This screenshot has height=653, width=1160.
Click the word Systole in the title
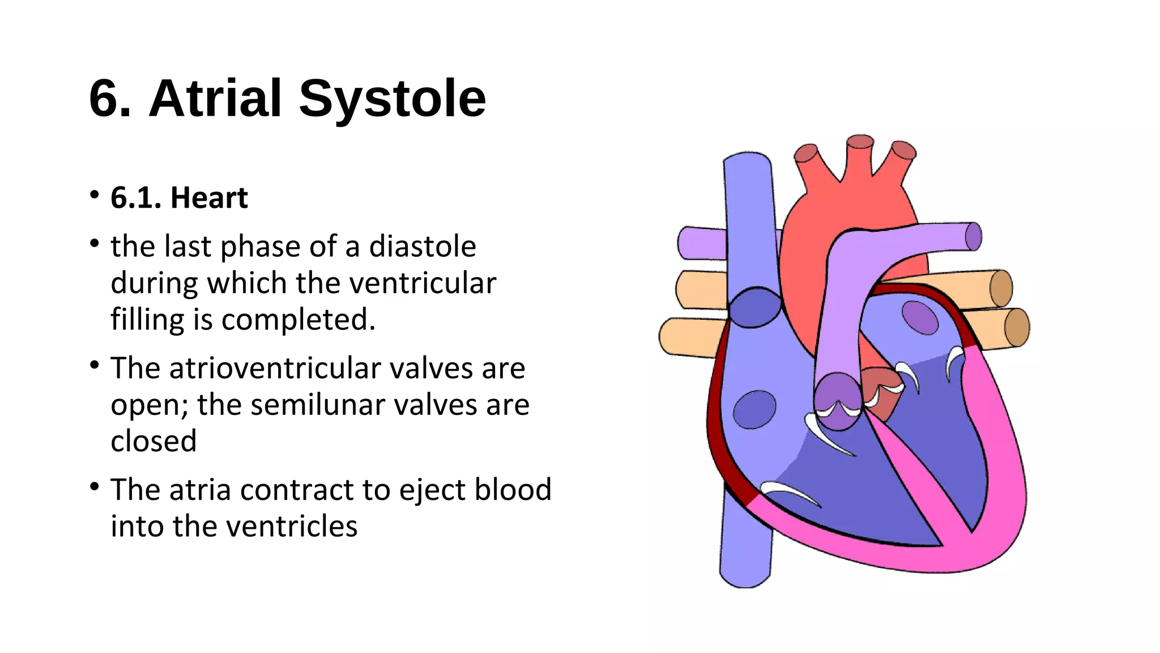point(392,99)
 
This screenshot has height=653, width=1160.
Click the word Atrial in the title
point(215,99)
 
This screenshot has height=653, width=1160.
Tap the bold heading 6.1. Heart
point(179,198)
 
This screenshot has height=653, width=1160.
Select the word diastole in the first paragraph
point(423,247)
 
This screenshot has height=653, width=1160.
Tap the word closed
point(153,442)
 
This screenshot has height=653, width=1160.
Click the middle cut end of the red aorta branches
point(860,142)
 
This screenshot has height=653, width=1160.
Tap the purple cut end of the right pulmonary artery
point(973,236)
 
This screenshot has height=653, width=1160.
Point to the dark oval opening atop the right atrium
point(754,307)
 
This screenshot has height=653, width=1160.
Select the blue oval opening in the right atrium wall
point(754,409)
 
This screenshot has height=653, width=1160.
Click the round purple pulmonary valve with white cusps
point(838,401)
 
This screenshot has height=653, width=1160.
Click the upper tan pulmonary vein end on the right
point(1001,289)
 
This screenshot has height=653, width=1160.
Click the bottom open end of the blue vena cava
point(745,578)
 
